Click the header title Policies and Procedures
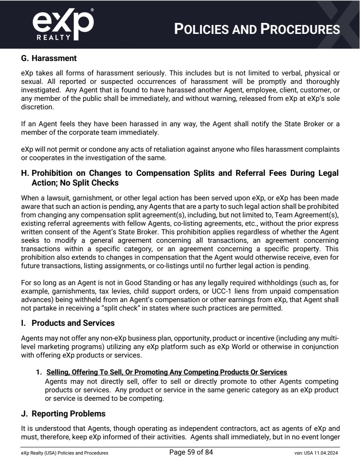pyautogui.click(x=257, y=29)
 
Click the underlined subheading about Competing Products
pyautogui.click(x=167, y=372)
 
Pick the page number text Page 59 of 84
pyautogui.click(x=191, y=452)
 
